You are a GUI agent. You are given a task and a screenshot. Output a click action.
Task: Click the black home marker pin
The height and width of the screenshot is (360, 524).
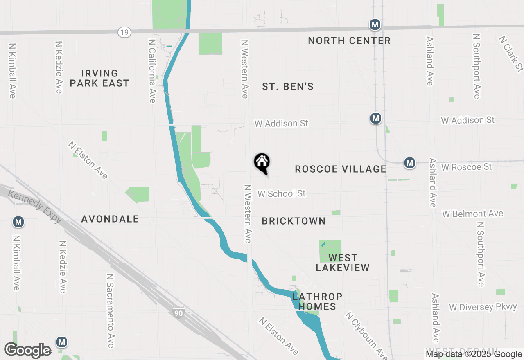(262, 163)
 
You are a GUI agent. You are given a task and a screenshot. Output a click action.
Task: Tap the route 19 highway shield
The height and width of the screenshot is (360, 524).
(124, 32)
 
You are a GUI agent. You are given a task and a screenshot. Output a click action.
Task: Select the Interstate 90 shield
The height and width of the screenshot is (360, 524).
(178, 313)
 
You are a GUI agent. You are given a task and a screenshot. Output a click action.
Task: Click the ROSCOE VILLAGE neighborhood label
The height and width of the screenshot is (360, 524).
(341, 169)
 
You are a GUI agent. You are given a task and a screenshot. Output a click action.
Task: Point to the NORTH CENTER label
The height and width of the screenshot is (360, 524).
(349, 40)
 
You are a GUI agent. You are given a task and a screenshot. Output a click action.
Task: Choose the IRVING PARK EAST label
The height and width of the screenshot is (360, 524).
(99, 78)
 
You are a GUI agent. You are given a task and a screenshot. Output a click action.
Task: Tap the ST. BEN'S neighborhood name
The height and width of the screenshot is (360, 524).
(288, 86)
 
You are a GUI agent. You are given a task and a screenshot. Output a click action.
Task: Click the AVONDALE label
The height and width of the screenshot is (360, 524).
(110, 219)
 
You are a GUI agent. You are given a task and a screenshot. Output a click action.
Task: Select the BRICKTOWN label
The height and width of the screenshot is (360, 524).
(294, 221)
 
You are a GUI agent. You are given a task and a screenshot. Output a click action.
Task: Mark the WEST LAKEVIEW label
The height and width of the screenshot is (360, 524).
(343, 263)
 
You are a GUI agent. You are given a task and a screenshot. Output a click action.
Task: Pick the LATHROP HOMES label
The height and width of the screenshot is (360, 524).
(317, 301)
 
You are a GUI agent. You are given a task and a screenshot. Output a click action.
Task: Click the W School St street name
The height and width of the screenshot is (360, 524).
(281, 193)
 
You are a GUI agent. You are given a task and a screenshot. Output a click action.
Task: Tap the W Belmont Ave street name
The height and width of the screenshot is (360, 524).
(472, 214)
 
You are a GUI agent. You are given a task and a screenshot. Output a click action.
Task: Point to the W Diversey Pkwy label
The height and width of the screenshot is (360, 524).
(483, 307)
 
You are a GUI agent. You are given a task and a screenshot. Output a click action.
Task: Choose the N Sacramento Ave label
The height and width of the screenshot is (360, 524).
(110, 311)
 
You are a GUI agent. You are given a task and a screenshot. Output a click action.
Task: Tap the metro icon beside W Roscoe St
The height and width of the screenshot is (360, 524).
(409, 163)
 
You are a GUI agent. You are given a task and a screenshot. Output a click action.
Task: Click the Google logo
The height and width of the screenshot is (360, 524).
(28, 351)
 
